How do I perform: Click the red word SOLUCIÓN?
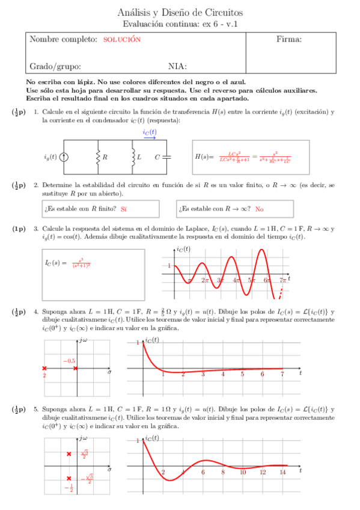tap(122, 40)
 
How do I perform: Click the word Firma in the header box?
tap(288, 40)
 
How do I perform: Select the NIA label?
tap(177, 66)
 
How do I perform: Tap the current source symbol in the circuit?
tap(64, 157)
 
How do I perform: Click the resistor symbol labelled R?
tap(97, 157)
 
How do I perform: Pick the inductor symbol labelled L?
tap(132, 157)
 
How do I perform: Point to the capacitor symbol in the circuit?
tap(167, 157)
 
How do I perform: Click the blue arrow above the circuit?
tap(150, 138)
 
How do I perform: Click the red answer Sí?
tap(124, 209)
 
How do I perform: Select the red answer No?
tap(260, 209)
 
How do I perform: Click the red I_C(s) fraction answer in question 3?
tap(81, 263)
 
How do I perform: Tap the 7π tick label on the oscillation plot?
tap(283, 280)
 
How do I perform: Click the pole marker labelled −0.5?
tap(75, 368)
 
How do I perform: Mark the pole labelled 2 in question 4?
tap(44, 368)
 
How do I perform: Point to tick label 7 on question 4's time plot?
tap(282, 374)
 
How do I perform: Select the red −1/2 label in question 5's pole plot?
tap(70, 488)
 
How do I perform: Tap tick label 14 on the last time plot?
tap(282, 473)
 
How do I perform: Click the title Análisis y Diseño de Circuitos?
tap(180, 12)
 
